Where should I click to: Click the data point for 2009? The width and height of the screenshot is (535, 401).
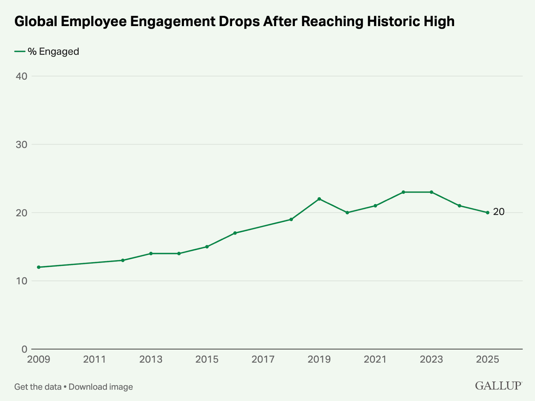[38, 267]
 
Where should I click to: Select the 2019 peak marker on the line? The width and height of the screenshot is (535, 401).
[319, 199]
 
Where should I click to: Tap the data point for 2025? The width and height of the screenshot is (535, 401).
[488, 213]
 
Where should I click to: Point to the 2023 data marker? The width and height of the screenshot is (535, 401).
[431, 192]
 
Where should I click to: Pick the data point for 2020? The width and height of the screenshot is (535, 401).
[347, 213]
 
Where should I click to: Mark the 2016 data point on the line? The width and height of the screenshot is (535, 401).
[235, 233]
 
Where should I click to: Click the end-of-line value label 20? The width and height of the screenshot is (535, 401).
[499, 212]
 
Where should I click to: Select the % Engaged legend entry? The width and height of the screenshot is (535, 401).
[47, 52]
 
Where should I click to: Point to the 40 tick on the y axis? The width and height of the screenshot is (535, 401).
[21, 76]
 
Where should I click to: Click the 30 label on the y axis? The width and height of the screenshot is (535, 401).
[21, 144]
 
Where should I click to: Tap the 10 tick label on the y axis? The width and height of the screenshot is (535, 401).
[21, 281]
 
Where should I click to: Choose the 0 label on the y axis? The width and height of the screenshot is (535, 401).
[24, 349]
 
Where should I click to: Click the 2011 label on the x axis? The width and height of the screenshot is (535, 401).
[95, 360]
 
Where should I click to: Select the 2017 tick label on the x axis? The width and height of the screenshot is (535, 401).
[263, 360]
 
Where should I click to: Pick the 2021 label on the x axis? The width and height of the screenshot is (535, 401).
[375, 360]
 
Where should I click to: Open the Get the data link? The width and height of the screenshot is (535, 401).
[38, 387]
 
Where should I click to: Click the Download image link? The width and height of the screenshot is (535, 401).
[101, 387]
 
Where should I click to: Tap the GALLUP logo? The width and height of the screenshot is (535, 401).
[498, 386]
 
